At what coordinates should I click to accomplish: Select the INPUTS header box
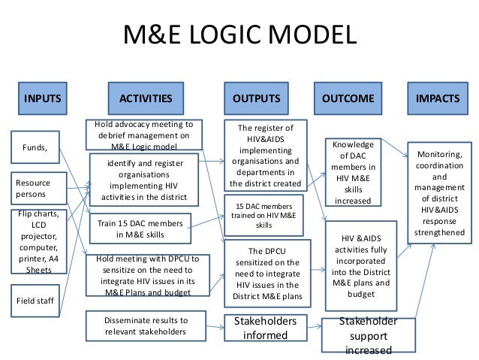(44, 98)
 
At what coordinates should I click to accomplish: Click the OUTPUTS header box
(257, 98)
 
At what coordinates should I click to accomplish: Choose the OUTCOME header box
(348, 98)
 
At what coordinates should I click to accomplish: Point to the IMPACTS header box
(437, 98)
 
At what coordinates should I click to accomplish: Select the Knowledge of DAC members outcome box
(353, 171)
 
